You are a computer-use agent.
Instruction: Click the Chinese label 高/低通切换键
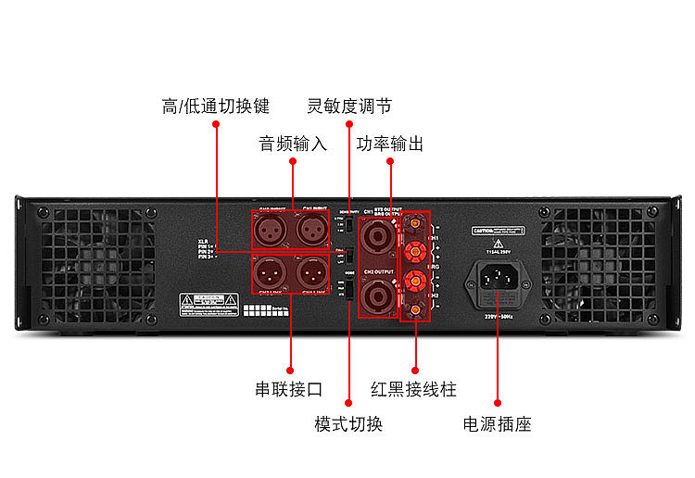click(215, 106)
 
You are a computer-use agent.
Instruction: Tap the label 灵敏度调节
click(349, 106)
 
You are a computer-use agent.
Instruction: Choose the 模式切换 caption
click(348, 424)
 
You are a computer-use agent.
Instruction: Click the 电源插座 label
click(497, 424)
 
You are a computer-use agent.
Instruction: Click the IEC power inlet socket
click(498, 281)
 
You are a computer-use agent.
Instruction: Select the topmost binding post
click(415, 223)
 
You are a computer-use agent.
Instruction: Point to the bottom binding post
click(415, 307)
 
